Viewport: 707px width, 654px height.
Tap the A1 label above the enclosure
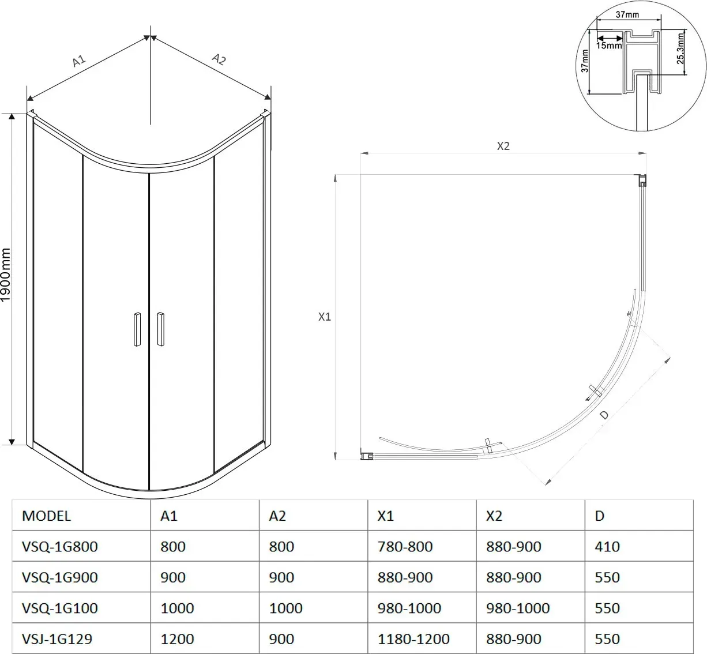pyautogui.click(x=79, y=61)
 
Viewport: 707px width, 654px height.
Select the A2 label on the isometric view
pyautogui.click(x=219, y=59)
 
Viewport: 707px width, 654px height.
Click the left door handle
pyautogui.click(x=137, y=329)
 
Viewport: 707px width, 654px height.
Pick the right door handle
pyautogui.click(x=160, y=329)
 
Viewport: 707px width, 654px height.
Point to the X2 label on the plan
pyautogui.click(x=503, y=146)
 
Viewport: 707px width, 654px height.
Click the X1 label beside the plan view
pyautogui.click(x=325, y=317)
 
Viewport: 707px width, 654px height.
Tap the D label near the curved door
pyautogui.click(x=604, y=415)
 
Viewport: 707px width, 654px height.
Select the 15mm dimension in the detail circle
pyautogui.click(x=608, y=46)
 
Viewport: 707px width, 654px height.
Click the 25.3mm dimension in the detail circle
pyautogui.click(x=680, y=48)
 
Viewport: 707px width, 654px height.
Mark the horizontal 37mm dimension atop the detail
pyautogui.click(x=627, y=14)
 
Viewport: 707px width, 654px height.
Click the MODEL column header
pyautogui.click(x=46, y=516)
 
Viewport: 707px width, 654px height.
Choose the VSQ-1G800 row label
pyautogui.click(x=60, y=546)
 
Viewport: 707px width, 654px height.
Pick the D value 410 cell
pyautogui.click(x=607, y=546)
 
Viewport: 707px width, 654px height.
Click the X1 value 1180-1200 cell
pyautogui.click(x=413, y=639)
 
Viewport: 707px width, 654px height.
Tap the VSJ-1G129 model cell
pyautogui.click(x=57, y=639)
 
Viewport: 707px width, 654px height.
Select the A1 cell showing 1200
pyautogui.click(x=177, y=639)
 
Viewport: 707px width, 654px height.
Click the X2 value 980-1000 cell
pyautogui.click(x=518, y=608)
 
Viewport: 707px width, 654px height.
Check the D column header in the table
pyautogui.click(x=600, y=516)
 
